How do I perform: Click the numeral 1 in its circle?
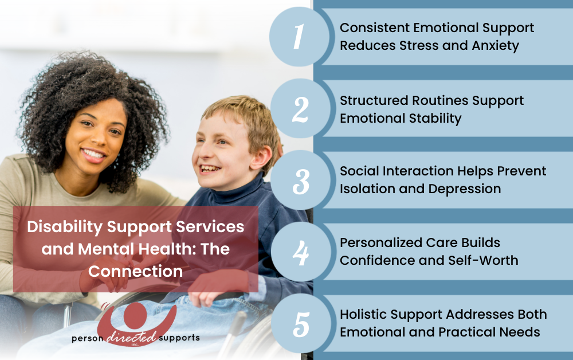coord(297,37)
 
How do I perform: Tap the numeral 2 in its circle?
coord(300,109)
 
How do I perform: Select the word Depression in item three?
coord(468,188)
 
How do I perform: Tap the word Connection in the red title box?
coord(135,271)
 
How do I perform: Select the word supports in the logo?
coord(179,338)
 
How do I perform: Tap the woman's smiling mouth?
coord(93,154)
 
